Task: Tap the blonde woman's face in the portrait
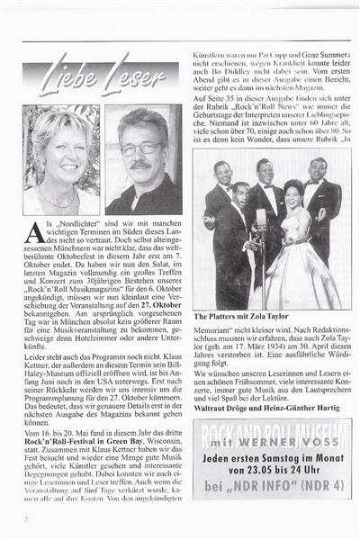60,149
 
